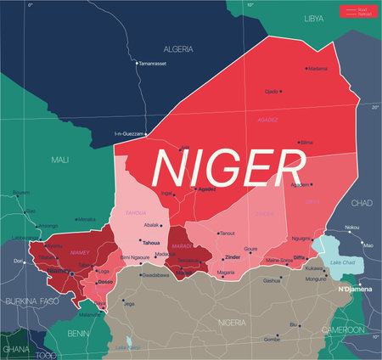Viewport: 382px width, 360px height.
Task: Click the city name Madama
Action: click(x=317, y=68)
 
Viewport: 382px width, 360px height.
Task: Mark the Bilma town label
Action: click(x=306, y=143)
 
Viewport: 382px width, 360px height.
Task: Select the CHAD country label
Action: click(x=362, y=203)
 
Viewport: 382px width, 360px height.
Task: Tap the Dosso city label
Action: click(x=105, y=281)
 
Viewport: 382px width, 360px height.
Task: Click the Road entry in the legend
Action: click(x=364, y=8)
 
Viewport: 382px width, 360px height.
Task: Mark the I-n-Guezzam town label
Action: click(x=131, y=133)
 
